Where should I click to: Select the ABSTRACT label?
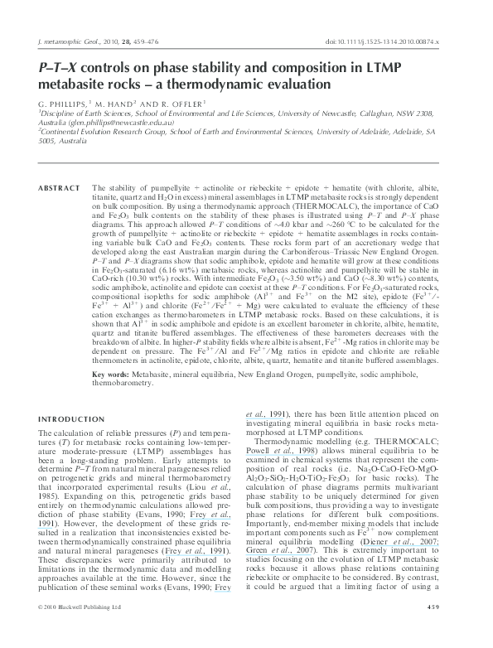tap(56, 166)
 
